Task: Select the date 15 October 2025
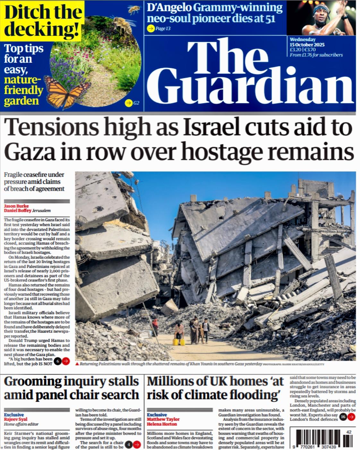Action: (x=307, y=45)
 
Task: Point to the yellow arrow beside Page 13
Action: (x=150, y=29)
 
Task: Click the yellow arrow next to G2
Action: (x=128, y=103)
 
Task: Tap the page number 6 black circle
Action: (x=58, y=362)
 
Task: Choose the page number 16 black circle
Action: (x=343, y=417)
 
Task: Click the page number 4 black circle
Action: (x=128, y=445)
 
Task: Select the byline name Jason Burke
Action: (x=16, y=206)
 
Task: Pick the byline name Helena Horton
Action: (x=162, y=424)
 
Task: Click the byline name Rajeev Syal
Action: (x=16, y=419)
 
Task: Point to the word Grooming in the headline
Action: (x=32, y=382)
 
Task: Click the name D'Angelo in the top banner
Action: (x=169, y=8)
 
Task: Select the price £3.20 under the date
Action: (x=295, y=50)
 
